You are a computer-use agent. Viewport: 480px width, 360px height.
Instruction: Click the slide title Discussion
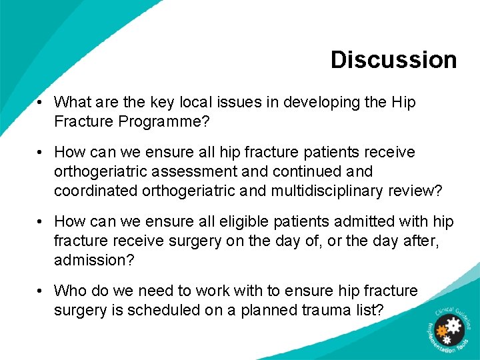393,59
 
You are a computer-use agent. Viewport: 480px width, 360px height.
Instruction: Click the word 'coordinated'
96,191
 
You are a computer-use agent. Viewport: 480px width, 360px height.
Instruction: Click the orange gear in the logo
442,331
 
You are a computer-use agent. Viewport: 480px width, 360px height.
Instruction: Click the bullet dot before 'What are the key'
41,103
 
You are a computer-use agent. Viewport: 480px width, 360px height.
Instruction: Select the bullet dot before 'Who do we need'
41,291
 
